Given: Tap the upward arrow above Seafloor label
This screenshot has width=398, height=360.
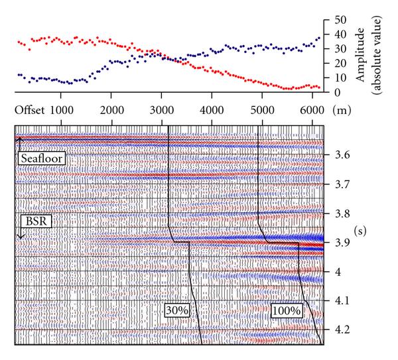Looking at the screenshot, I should (x=20, y=141).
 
